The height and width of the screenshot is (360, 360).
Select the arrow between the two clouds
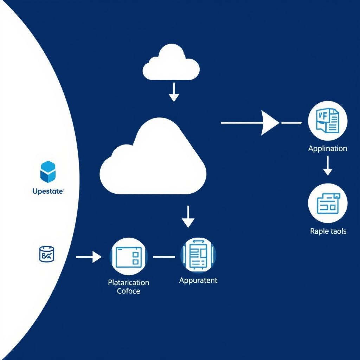(174, 92)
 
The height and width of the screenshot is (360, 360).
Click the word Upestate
(47, 192)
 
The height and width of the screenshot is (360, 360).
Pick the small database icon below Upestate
(46, 254)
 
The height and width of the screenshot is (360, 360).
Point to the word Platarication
(129, 283)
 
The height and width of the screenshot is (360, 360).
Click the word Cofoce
(129, 291)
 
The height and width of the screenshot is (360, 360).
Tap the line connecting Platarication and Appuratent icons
(164, 257)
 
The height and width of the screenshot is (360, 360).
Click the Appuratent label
(198, 281)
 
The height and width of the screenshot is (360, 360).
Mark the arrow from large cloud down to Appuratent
(188, 217)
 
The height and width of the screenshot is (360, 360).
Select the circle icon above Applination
(328, 121)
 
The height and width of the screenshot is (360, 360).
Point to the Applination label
(328, 148)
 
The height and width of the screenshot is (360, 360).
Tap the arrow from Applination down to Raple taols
(328, 166)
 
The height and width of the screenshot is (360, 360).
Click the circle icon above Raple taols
(328, 203)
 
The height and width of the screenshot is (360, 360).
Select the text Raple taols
(328, 231)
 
